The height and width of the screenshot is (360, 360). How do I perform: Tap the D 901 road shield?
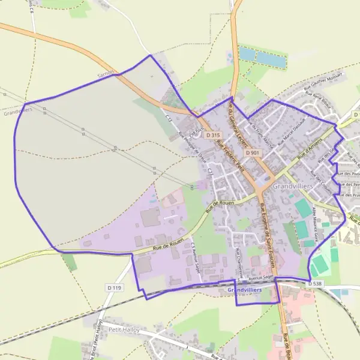click(253, 153)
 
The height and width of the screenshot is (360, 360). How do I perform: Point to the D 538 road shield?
click(315, 283)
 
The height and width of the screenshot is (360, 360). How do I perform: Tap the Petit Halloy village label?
click(124, 329)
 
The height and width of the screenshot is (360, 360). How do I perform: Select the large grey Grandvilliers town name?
click(293, 187)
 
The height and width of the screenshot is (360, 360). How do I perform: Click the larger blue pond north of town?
click(272, 59)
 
